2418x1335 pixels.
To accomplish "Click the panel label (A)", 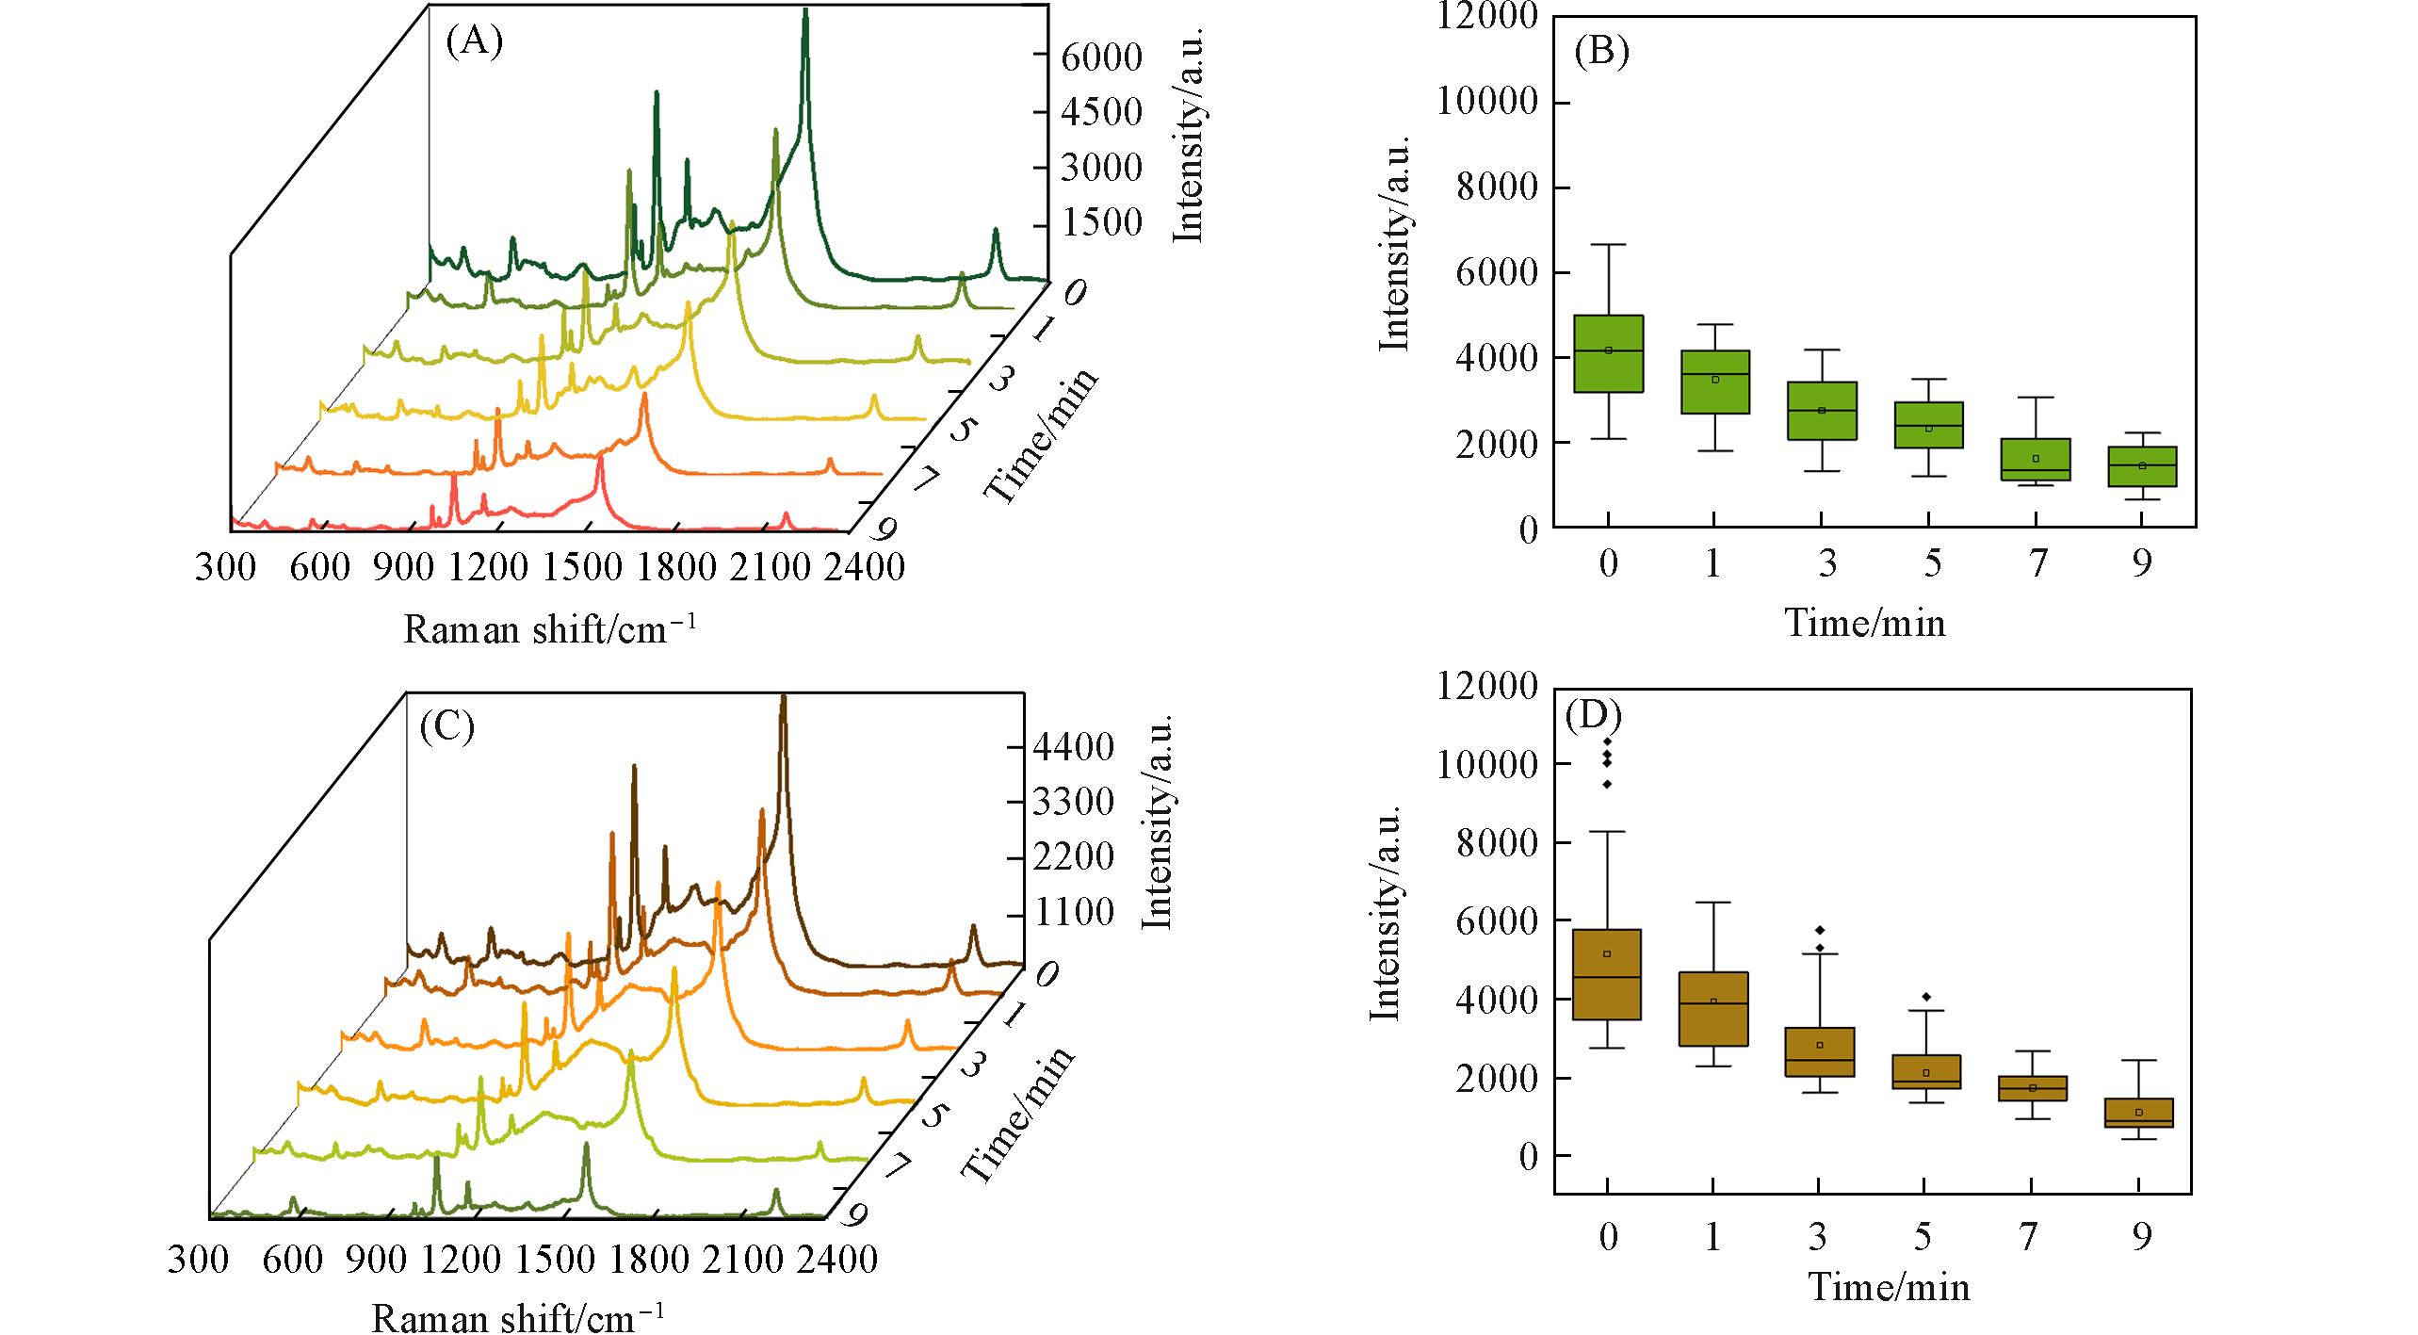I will click(474, 43).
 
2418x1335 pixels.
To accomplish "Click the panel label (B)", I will click(1601, 53).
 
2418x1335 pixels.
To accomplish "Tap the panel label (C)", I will click(446, 726).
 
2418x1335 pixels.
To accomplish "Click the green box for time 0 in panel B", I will click(1608, 353).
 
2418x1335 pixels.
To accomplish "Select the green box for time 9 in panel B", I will click(2141, 466).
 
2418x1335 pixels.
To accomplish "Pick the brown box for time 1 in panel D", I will click(1713, 1009).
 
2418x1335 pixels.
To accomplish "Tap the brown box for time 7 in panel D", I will click(2033, 1088).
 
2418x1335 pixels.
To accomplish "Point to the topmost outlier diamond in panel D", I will click(1607, 741).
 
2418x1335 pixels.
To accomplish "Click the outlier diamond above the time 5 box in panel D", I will click(1926, 997).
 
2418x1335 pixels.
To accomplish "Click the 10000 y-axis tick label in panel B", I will click(1487, 102).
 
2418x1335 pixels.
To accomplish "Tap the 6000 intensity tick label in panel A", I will click(1101, 57).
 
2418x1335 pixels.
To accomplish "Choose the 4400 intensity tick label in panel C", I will click(1073, 747).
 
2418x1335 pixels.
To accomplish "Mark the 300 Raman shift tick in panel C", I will click(198, 1260).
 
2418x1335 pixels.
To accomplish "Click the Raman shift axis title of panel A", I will click(550, 628).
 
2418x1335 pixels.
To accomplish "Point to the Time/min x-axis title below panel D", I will click(1889, 1288).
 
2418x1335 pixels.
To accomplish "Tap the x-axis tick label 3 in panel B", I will click(1826, 563).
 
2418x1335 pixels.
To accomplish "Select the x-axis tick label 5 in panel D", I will click(1923, 1236).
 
